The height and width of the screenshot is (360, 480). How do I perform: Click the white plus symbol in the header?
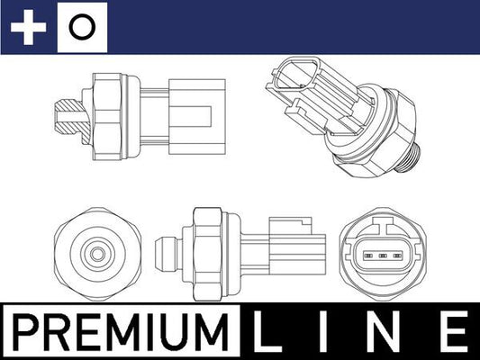[28, 27]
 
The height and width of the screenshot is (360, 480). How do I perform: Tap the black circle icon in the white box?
[82, 27]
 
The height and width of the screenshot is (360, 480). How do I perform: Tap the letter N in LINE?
[384, 331]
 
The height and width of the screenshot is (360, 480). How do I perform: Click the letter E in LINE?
[455, 331]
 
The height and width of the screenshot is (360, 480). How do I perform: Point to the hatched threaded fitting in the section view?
[70, 116]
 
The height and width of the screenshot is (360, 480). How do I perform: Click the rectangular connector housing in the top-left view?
[197, 116]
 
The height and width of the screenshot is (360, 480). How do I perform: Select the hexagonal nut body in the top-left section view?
[107, 116]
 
